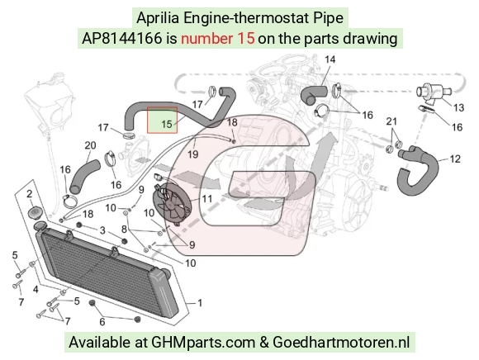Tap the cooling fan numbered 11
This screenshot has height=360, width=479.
pos(171,202)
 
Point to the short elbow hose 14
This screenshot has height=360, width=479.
pos(312,95)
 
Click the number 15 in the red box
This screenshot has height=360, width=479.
pos(167,125)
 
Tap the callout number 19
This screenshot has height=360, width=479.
pos(192,154)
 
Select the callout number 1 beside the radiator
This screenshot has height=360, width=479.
pos(200,303)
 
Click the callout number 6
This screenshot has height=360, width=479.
pos(102,321)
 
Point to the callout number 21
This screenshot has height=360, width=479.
pos(391,121)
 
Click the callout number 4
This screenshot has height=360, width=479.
pos(36,289)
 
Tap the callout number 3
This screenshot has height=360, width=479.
pos(102,230)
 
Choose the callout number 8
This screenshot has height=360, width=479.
pos(124,229)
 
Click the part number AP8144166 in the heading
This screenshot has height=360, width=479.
pos(121,39)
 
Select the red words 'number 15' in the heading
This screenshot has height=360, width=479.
pos(217,39)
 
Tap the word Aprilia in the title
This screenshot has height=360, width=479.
pos(158,18)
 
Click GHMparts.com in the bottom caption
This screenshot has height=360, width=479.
pos(203,342)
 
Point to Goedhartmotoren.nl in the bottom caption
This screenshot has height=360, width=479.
pos(341,342)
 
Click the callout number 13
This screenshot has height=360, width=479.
pos(458,107)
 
